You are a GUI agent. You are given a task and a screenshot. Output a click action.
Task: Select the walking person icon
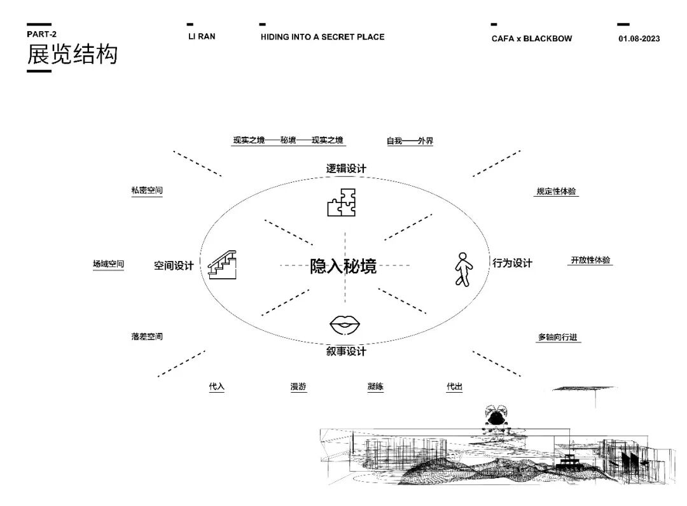coord(463,269)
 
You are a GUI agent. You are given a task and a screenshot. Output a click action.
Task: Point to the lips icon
coord(345,325)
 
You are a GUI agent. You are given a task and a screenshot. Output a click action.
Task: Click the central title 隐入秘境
coord(343,266)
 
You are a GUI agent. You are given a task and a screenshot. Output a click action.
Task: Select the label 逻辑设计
coord(346,169)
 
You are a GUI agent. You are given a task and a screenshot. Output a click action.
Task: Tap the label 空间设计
coord(173,266)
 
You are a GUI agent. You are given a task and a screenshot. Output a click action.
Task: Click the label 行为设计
coord(512,263)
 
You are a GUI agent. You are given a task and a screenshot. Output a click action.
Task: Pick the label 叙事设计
coord(346,351)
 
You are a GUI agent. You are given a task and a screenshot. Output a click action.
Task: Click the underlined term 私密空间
coord(147,190)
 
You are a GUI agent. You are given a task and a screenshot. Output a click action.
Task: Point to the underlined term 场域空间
coord(108,264)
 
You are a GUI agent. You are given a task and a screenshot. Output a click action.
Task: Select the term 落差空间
coord(147,336)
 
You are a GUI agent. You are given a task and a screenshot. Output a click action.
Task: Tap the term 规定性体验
coord(557,191)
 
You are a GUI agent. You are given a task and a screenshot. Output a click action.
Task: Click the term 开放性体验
coord(590,260)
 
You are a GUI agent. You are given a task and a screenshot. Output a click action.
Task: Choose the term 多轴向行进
coord(558,337)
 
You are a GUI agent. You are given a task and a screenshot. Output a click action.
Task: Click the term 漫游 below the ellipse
coord(298,386)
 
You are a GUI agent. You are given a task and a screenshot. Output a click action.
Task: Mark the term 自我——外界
coord(410,141)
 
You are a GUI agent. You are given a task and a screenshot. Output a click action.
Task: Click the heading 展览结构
coord(72,55)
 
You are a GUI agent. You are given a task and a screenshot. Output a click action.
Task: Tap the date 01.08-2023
coord(639,39)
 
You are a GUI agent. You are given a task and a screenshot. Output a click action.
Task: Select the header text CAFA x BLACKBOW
coord(531,39)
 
